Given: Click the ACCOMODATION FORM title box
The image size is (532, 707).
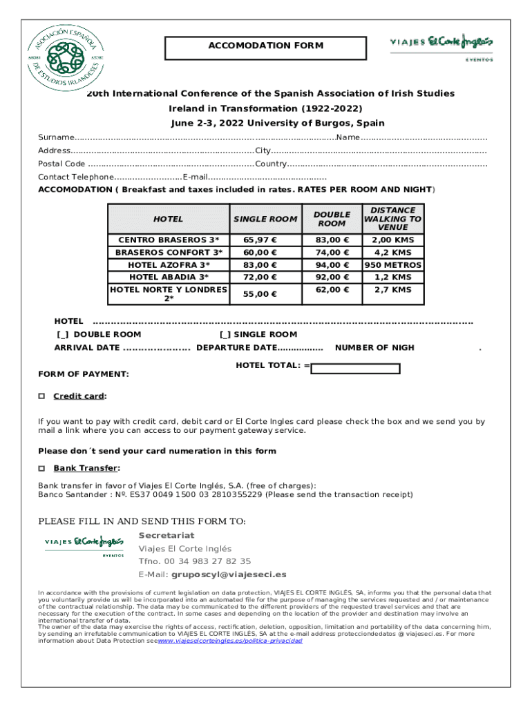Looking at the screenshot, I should point(265,46).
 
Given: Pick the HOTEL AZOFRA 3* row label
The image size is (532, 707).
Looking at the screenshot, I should point(169,265).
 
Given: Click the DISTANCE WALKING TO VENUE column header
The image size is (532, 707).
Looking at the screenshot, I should point(392,219).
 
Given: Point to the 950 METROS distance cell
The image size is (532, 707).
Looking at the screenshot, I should point(392,265).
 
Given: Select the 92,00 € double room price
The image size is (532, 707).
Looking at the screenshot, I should point(332,278).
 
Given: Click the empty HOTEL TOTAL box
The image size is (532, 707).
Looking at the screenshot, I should point(355,369).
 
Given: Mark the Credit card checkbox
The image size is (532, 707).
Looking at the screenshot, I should point(41,396).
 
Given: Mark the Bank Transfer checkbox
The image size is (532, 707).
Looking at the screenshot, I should point(41,468).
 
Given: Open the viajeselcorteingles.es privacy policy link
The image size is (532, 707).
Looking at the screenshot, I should point(231,641).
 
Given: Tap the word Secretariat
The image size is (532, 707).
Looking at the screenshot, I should point(167,536).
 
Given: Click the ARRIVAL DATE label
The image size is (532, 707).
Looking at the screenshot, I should point(87,348).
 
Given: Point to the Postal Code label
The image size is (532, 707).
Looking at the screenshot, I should point(61,164).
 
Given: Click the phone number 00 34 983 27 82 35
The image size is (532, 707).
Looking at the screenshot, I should point(207,561).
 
